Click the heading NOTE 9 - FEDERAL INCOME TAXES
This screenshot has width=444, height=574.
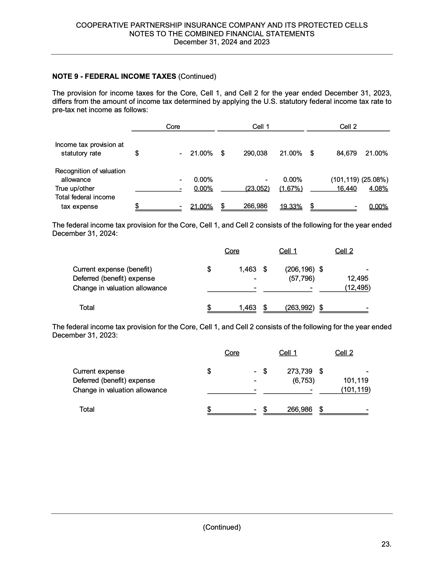114,76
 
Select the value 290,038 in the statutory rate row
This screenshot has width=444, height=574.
255,153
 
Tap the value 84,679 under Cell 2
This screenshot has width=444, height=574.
346,153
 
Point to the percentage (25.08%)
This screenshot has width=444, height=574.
375,180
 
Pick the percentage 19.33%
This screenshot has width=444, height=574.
291,207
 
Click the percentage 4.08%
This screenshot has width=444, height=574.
378,188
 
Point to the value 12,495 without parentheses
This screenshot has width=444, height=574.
358,278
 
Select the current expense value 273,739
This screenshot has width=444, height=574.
299,371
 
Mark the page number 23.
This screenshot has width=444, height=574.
386,544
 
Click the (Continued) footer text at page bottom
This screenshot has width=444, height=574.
222,527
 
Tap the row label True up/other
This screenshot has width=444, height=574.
75,188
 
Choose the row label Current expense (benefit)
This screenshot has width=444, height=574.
112,269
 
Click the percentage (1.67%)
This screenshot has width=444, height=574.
291,188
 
